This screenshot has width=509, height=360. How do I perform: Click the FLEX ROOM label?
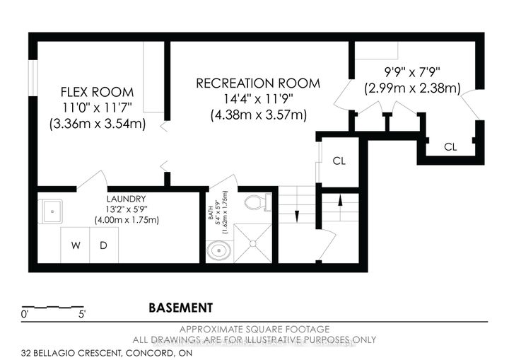coord(97,93)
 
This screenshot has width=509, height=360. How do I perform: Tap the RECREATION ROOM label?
coord(257,83)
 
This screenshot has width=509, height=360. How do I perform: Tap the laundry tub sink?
coord(51,211)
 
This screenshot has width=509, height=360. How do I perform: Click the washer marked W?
coord(76,246)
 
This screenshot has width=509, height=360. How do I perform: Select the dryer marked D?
coord(103,246)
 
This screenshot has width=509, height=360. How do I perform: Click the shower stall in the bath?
coord(252,243)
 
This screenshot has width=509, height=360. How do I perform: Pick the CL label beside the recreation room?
coord(339,161)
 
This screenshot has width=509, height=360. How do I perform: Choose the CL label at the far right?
coord(450,147)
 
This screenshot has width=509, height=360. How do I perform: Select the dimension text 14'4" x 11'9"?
coord(257,99)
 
